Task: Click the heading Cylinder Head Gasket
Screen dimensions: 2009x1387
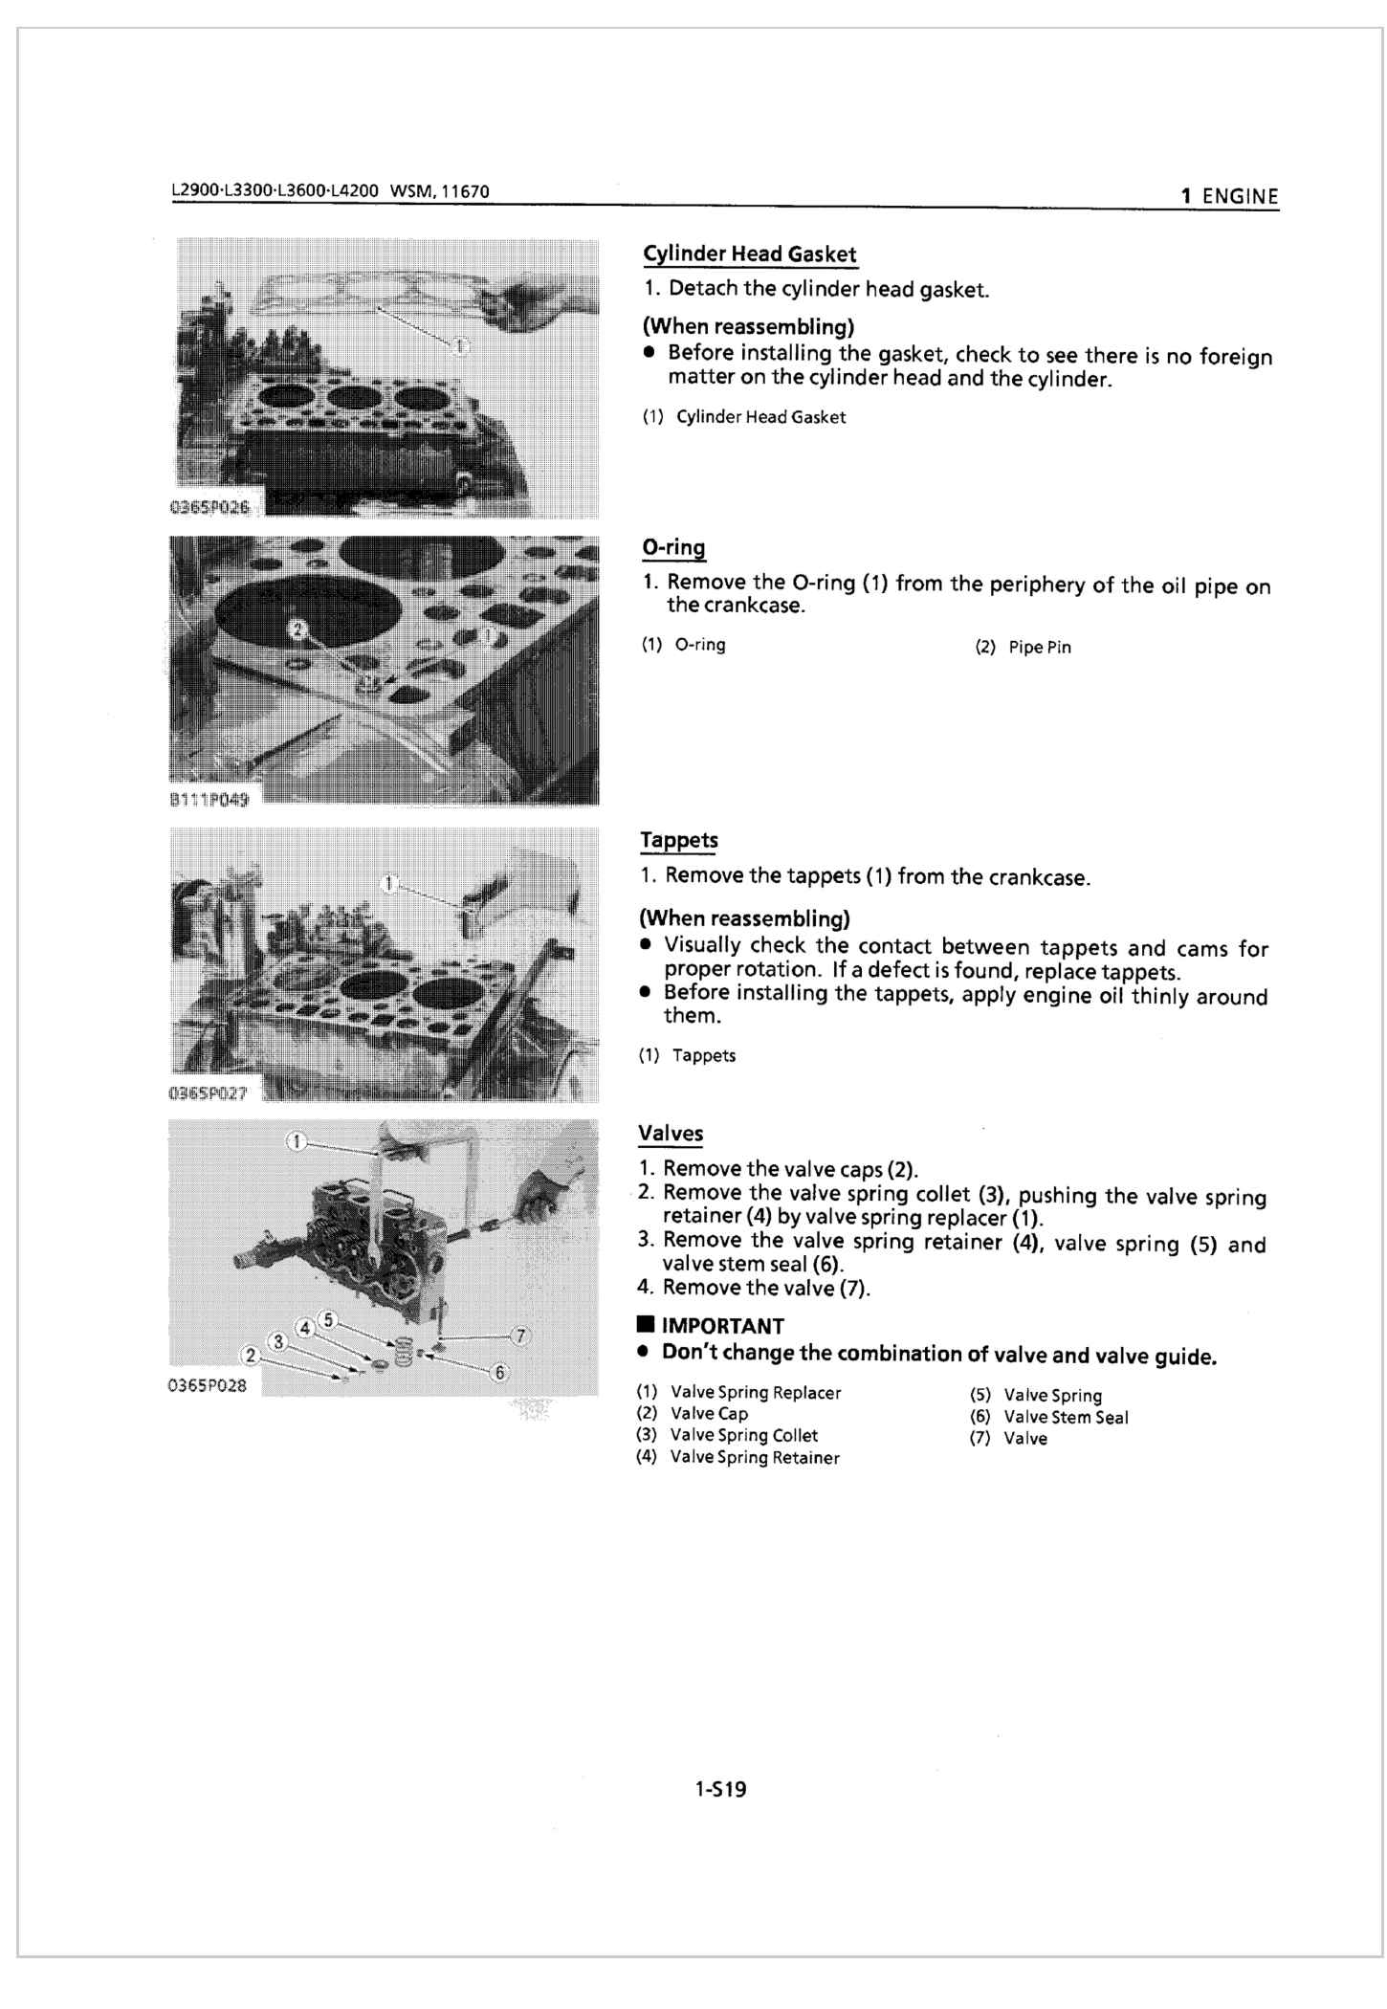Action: click(749, 254)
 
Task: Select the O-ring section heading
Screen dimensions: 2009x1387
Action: click(673, 548)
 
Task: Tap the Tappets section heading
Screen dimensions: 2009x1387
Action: click(678, 840)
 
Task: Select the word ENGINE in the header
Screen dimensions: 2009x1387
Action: click(1240, 196)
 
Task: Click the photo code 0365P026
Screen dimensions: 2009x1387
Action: click(209, 507)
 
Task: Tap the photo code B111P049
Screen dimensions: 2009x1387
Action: click(209, 800)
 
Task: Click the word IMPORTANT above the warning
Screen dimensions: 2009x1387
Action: click(722, 1326)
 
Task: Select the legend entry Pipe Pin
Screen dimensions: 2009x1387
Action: click(1039, 648)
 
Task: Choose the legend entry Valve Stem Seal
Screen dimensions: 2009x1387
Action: click(1066, 1418)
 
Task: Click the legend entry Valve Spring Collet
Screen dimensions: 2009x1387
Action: click(743, 1435)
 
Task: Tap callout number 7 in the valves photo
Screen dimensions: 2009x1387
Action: click(520, 1335)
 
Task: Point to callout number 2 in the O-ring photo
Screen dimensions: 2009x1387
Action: click(297, 629)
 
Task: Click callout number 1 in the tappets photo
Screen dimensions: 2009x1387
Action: click(388, 883)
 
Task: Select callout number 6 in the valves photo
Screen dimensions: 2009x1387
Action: click(498, 1373)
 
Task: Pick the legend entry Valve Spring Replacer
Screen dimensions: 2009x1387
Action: click(755, 1393)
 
